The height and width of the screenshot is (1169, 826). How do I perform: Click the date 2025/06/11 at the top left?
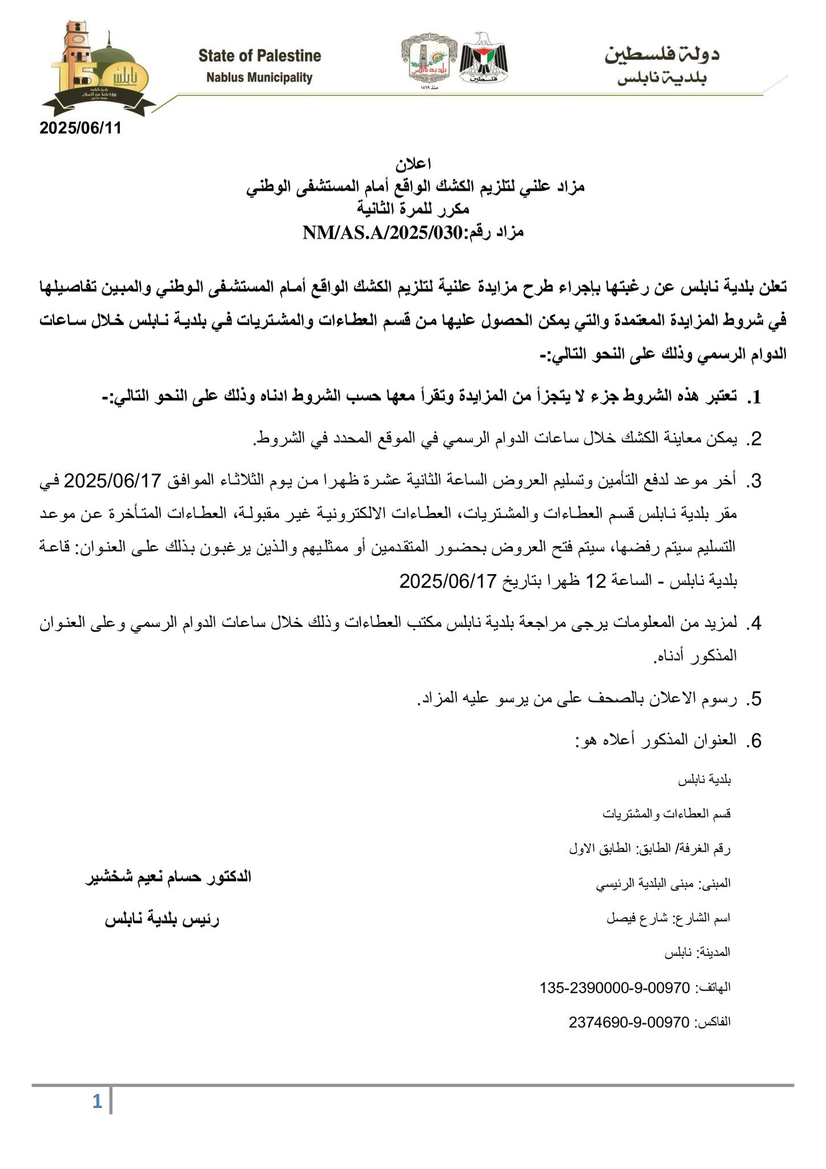point(80,128)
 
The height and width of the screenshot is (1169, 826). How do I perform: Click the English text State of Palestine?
point(260,56)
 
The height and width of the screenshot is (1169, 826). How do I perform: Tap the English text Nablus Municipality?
point(260,78)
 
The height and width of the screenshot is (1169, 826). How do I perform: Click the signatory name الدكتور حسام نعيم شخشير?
point(168,877)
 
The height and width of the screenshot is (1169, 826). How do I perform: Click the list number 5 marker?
point(756,699)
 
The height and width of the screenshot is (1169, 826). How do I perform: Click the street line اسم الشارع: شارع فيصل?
point(668,918)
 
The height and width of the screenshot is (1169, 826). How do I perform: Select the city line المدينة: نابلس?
point(698,953)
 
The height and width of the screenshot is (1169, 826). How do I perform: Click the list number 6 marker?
point(756,741)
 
